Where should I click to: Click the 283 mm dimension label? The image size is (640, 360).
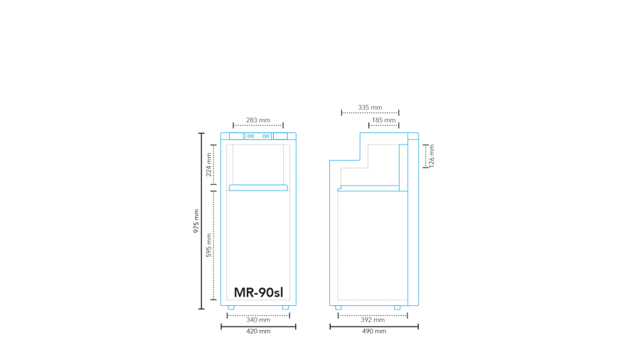pos(258,120)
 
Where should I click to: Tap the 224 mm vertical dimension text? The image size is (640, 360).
pos(209,164)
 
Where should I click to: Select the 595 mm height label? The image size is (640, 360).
pos(209,245)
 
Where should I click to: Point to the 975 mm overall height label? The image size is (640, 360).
pos(196,221)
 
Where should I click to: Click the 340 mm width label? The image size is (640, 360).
pos(258,320)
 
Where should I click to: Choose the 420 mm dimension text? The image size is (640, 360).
pos(258,332)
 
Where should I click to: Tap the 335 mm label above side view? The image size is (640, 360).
pos(370,107)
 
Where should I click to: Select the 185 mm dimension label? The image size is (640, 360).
pos(383,120)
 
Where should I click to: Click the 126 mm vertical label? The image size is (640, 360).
pos(432,155)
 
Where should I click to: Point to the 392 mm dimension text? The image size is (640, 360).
pos(373,320)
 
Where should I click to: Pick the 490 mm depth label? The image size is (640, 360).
pos(374,332)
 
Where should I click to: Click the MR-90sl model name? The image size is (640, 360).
pos(258,292)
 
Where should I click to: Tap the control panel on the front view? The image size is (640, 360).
pos(258,136)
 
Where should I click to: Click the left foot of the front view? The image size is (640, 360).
pos(231,307)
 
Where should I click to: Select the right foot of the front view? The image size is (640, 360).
pos(285,307)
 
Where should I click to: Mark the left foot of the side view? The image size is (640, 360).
pos(338,307)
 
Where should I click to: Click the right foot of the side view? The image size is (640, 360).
pos(398,307)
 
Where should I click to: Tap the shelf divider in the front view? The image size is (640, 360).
pos(258,188)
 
